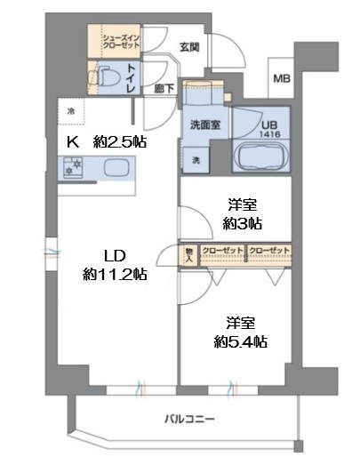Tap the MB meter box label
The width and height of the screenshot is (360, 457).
click(281, 78)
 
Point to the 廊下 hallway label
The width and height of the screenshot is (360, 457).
click(163, 89)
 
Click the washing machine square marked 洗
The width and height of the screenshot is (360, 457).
click(196, 160)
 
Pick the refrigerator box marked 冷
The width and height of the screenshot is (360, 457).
click(71, 111)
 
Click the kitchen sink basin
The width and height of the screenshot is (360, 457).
click(116, 166)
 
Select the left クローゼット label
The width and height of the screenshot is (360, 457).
click(223, 251)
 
